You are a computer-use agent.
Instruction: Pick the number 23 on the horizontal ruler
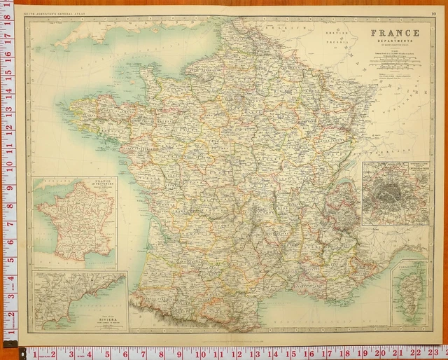click(x=435, y=353)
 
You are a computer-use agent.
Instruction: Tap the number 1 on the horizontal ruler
click(x=34, y=353)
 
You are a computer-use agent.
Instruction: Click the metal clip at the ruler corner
click(x=9, y=342)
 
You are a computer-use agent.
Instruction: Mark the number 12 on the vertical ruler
click(x=8, y=128)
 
